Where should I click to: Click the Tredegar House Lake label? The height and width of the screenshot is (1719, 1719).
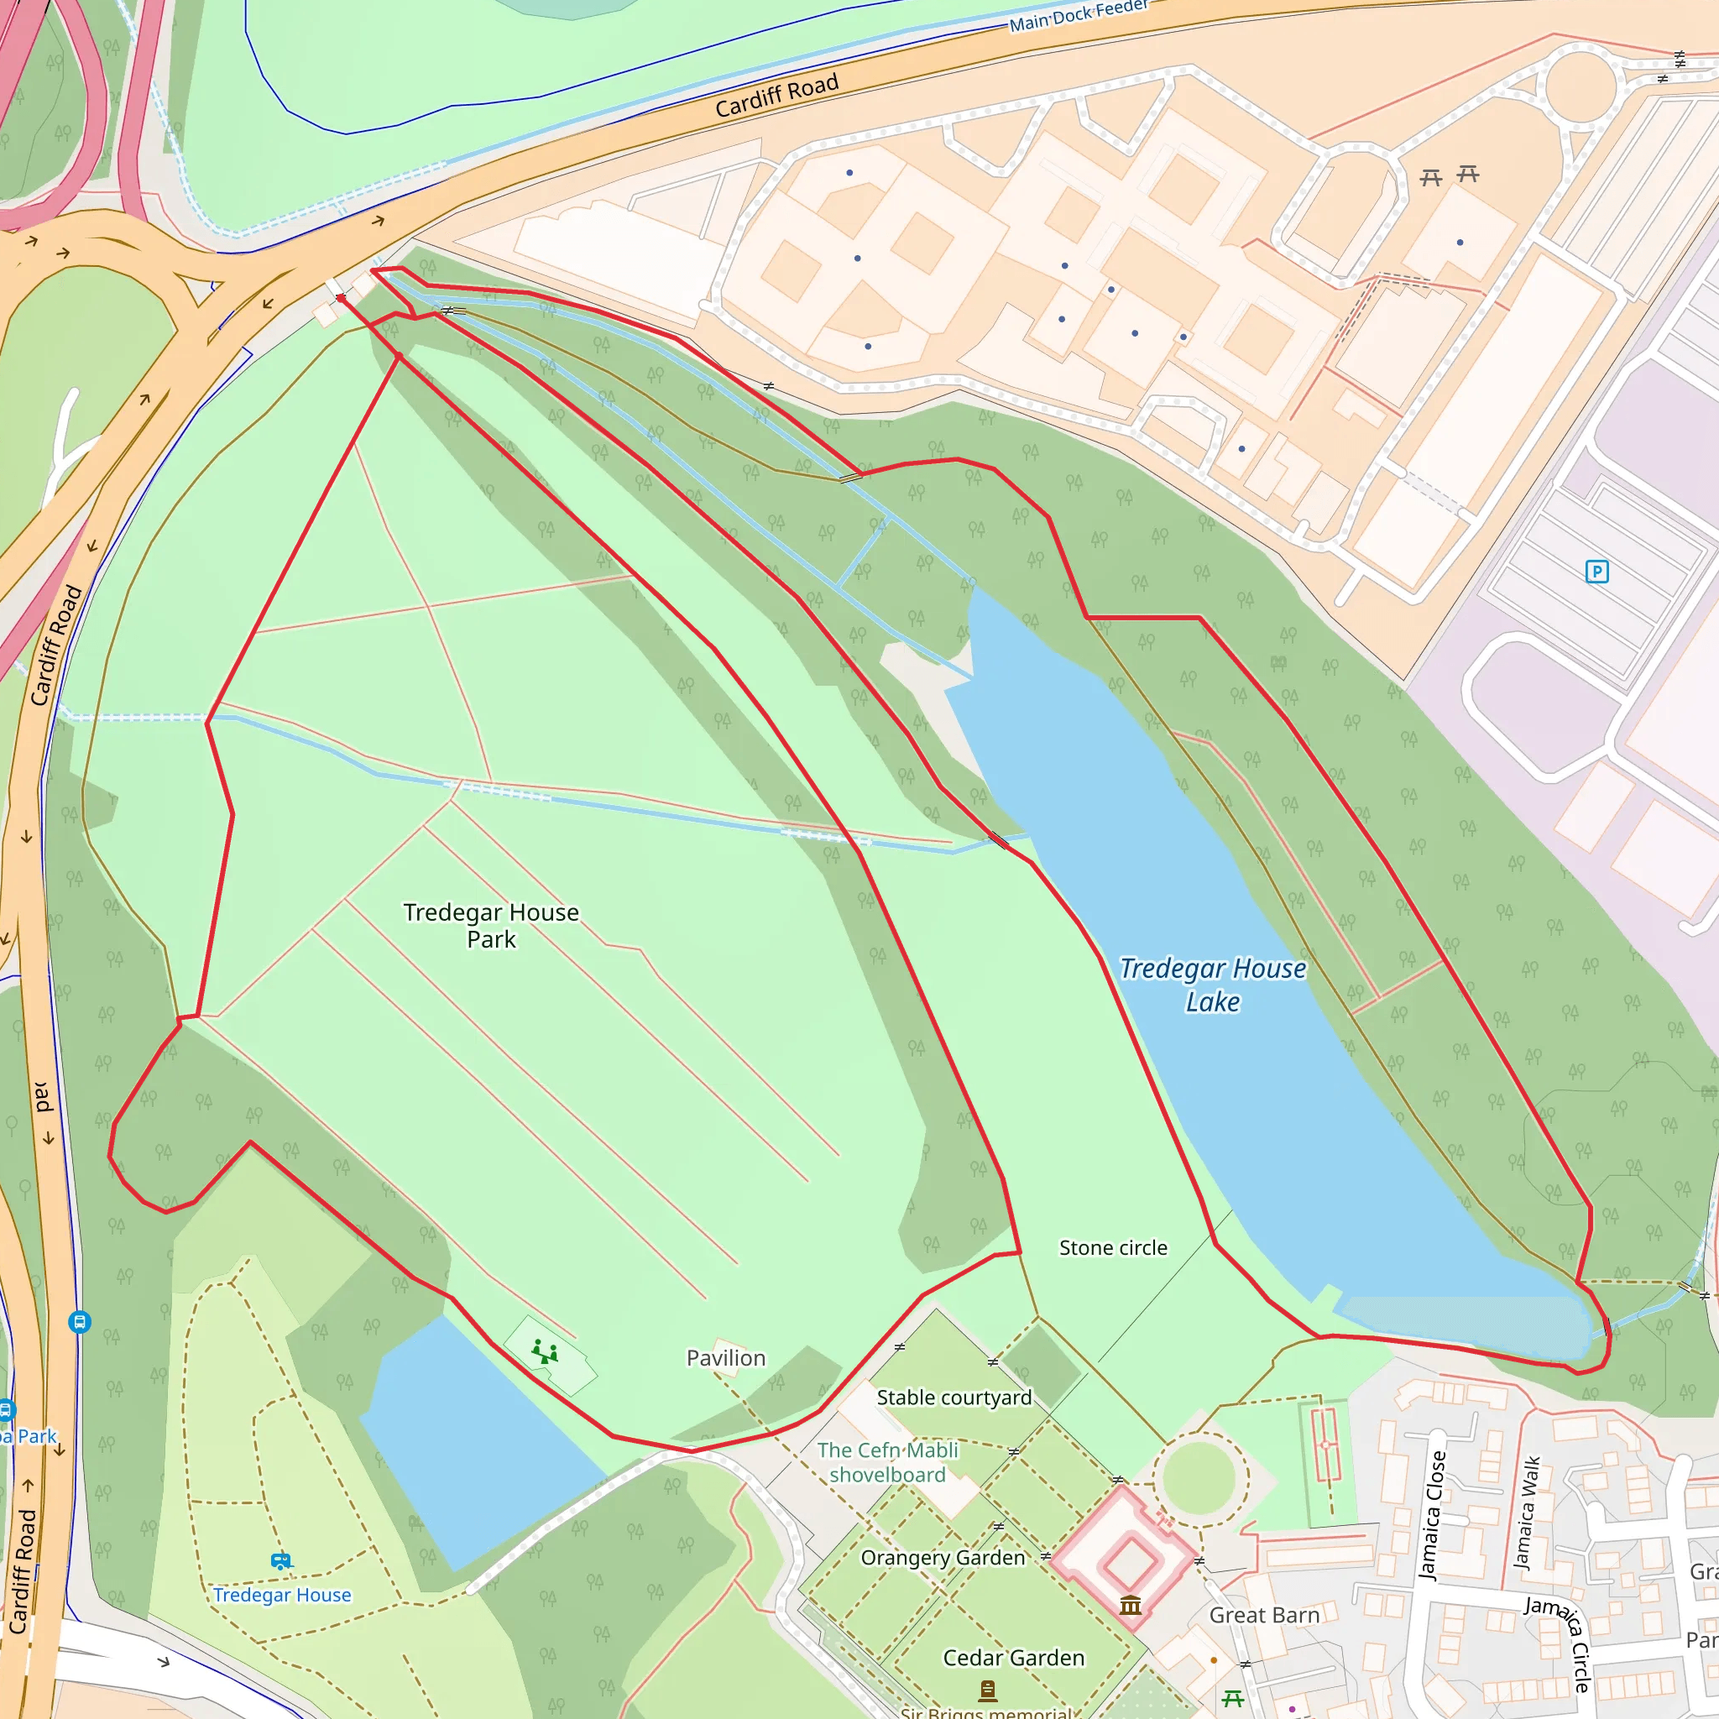tap(1213, 984)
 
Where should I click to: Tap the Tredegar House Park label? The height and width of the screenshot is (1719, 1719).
tap(491, 925)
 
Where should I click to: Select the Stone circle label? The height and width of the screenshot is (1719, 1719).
tap(1113, 1247)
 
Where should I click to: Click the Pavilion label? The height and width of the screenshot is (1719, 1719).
tap(725, 1358)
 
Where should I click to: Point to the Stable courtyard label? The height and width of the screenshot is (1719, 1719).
tap(954, 1397)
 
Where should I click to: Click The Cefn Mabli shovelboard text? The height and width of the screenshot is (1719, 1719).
tap(887, 1462)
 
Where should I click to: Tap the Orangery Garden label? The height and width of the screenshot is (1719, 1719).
tap(943, 1557)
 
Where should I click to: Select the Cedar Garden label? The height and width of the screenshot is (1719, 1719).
tap(1013, 1658)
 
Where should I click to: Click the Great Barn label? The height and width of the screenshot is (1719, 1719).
tap(1263, 1615)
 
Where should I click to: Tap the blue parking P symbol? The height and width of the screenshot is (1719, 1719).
tap(1597, 572)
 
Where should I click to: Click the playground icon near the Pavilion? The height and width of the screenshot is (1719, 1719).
tap(544, 1353)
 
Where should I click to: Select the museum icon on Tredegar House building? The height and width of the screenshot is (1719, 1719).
tap(1131, 1605)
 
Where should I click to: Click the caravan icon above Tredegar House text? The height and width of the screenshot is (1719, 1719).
tap(281, 1560)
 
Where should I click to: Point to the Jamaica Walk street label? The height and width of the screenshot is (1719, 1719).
tap(1528, 1513)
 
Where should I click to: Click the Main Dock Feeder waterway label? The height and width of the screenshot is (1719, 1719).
tap(1079, 15)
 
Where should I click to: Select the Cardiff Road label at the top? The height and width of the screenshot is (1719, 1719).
tap(776, 95)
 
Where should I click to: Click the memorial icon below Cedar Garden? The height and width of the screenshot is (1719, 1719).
tap(987, 1689)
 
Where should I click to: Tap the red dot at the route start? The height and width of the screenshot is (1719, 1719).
tap(341, 299)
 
